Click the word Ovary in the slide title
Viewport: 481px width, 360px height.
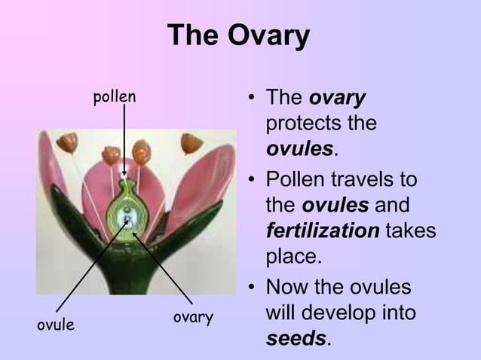(274, 36)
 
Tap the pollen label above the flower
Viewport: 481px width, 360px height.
(114, 96)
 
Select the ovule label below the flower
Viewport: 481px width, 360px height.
(57, 325)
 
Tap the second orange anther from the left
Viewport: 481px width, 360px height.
(111, 154)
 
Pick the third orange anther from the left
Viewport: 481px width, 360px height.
(141, 152)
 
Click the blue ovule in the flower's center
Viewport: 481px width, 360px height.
(129, 221)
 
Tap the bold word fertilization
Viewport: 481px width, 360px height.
(322, 230)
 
